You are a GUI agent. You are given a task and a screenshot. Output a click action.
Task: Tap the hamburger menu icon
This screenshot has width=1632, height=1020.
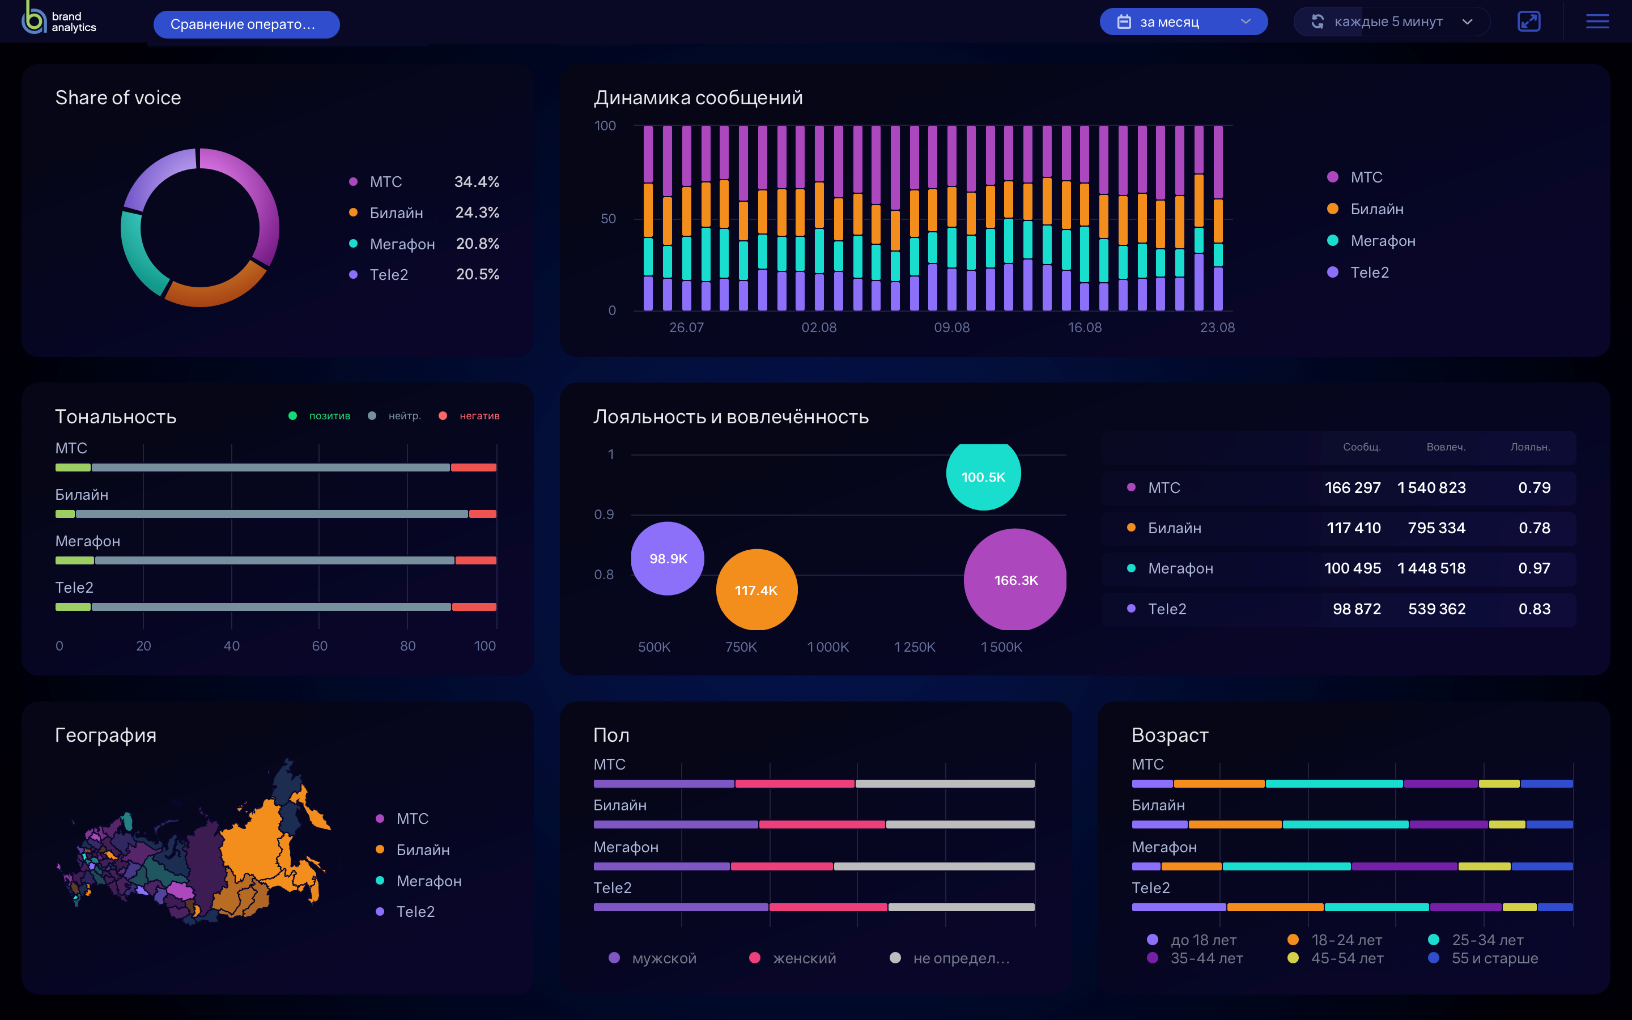tap(1597, 22)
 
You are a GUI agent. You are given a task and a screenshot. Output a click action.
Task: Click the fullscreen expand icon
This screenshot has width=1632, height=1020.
tap(1529, 22)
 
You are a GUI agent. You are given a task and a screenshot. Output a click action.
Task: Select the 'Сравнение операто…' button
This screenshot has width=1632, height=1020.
tap(246, 24)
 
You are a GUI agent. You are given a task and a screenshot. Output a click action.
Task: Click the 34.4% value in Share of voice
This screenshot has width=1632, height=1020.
tap(477, 181)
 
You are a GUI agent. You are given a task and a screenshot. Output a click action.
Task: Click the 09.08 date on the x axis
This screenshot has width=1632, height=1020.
tap(951, 327)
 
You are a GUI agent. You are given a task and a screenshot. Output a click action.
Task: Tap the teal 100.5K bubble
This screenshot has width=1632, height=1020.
tap(983, 476)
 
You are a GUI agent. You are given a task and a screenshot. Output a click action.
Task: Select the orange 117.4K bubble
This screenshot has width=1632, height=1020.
tap(756, 589)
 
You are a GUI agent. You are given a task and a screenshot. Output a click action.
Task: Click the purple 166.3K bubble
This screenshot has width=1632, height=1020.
tap(1015, 580)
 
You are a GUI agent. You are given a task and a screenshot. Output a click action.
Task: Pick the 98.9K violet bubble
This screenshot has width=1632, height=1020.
tap(668, 559)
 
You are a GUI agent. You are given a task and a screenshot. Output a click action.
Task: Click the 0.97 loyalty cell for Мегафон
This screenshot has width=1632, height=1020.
tap(1533, 568)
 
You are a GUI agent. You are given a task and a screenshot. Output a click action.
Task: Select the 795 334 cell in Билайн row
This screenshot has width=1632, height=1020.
tap(1436, 528)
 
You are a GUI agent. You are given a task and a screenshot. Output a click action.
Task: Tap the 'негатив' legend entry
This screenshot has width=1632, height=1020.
tap(479, 415)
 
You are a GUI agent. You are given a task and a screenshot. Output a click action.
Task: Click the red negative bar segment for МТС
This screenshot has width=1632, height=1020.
tap(473, 467)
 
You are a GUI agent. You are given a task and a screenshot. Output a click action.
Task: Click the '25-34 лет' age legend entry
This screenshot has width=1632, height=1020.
tap(1486, 940)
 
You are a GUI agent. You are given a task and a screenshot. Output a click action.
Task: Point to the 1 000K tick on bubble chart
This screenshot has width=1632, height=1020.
tap(827, 647)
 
